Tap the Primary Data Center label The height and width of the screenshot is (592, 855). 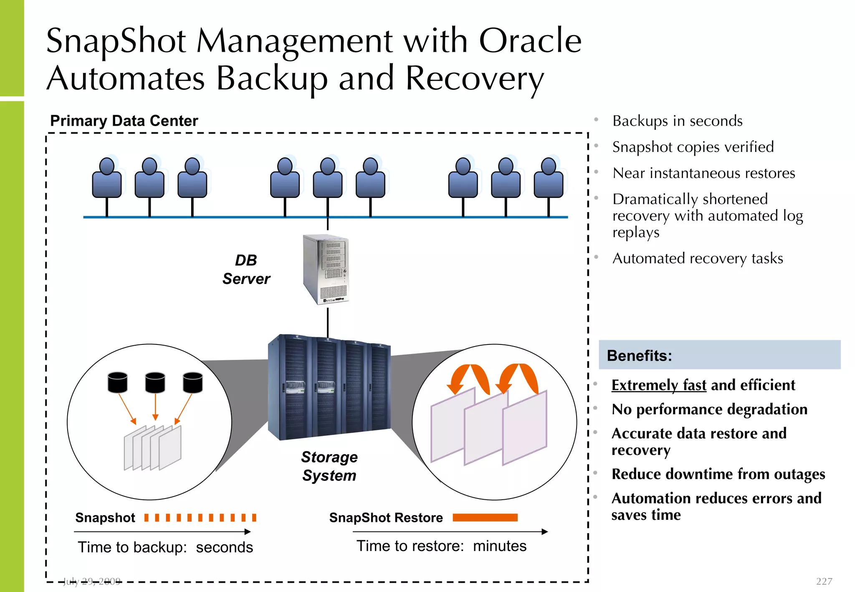click(124, 121)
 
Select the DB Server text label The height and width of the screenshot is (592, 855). click(246, 269)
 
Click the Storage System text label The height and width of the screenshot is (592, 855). click(329, 466)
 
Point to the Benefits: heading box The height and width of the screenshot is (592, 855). click(719, 355)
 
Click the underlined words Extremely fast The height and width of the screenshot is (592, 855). click(658, 385)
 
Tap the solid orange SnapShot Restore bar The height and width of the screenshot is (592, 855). click(485, 518)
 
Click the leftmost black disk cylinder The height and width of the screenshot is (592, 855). click(117, 382)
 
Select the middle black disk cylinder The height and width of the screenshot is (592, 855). click(155, 382)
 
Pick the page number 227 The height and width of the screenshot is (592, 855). click(824, 581)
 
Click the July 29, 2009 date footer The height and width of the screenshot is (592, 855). click(92, 581)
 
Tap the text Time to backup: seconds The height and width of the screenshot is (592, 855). click(165, 547)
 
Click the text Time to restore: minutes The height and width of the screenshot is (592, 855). click(441, 546)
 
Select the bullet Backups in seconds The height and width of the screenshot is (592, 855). click(677, 121)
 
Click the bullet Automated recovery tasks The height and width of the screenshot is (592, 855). click(697, 258)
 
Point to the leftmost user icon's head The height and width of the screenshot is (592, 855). click(107, 166)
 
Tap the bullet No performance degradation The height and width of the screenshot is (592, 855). click(709, 409)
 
